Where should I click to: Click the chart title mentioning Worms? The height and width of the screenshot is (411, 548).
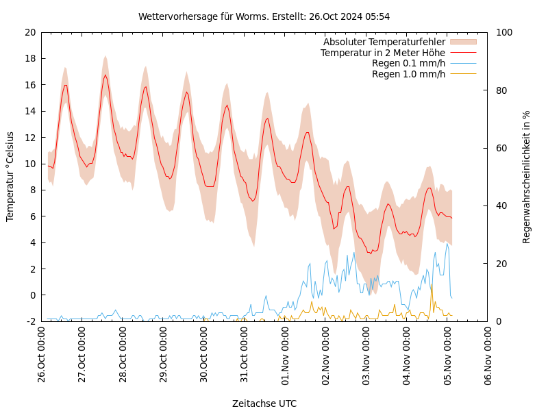pyautogui.click(x=264, y=16)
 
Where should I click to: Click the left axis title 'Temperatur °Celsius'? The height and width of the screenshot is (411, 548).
pyautogui.click(x=10, y=176)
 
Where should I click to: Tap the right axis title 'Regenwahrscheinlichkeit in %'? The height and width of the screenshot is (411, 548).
pyautogui.click(x=527, y=177)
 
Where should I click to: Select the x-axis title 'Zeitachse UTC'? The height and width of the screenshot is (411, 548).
pyautogui.click(x=264, y=403)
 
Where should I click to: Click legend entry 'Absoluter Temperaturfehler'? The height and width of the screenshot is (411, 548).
pyautogui.click(x=384, y=42)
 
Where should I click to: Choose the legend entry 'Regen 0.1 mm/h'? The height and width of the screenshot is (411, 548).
pyautogui.click(x=408, y=63)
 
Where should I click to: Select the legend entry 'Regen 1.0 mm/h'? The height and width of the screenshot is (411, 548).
pyautogui.click(x=408, y=74)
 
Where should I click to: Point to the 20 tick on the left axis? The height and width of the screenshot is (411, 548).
pyautogui.click(x=29, y=32)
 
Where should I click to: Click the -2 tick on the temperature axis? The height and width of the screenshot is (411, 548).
pyautogui.click(x=31, y=321)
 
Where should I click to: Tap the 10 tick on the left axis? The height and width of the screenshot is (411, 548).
pyautogui.click(x=29, y=164)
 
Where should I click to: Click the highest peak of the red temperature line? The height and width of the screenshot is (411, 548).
pyautogui.click(x=105, y=75)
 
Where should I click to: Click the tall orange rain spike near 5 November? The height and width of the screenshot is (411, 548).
pyautogui.click(x=432, y=285)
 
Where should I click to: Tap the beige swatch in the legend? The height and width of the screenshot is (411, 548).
pyautogui.click(x=463, y=42)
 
